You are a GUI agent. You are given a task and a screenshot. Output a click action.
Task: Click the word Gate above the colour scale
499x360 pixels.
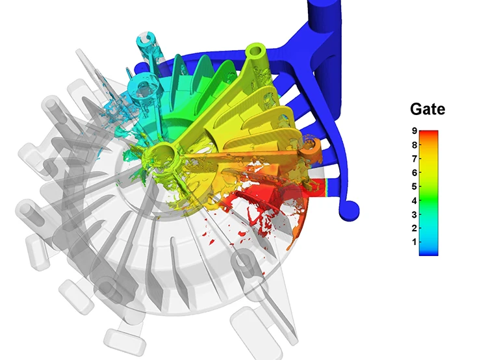click(428, 109)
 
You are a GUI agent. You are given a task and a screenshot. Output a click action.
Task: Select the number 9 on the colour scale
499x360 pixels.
click(413, 131)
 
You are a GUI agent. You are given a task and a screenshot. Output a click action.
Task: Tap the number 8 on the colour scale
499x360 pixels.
click(413, 145)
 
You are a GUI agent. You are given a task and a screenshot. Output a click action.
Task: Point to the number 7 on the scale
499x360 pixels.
click(413, 159)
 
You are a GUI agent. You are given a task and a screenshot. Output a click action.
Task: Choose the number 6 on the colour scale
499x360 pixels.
click(413, 173)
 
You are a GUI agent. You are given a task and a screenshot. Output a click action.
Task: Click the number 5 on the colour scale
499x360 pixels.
click(413, 186)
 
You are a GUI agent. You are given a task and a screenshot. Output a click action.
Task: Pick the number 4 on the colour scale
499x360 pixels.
click(413, 200)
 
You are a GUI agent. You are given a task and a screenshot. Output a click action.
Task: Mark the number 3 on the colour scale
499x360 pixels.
click(413, 214)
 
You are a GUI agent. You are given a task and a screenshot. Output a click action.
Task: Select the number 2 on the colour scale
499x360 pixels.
click(413, 228)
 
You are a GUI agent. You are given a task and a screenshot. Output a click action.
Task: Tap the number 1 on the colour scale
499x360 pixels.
click(413, 242)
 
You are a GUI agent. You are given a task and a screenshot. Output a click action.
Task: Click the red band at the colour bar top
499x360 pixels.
click(429, 135)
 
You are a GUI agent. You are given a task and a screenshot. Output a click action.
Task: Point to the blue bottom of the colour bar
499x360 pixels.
click(429, 251)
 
